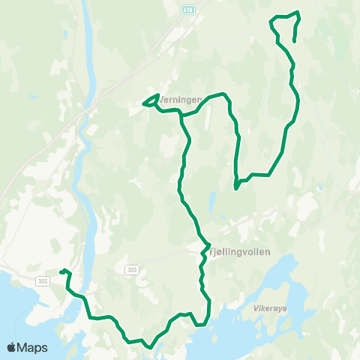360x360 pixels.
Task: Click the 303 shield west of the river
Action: tap(41, 280)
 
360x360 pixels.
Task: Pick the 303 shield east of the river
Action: tap(132, 268)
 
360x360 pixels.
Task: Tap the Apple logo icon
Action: tap(11, 347)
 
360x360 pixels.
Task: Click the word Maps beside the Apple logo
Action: tap(33, 347)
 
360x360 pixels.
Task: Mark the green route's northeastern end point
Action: tap(293, 40)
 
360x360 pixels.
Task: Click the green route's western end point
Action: tap(60, 271)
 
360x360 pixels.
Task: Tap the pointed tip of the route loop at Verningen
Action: tap(142, 104)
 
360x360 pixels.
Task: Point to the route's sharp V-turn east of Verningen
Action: tap(235, 188)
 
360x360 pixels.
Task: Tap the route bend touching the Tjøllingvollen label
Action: tap(208, 245)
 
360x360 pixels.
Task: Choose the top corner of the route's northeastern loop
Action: tap(298, 12)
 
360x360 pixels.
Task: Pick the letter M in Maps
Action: tap(24, 347)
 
